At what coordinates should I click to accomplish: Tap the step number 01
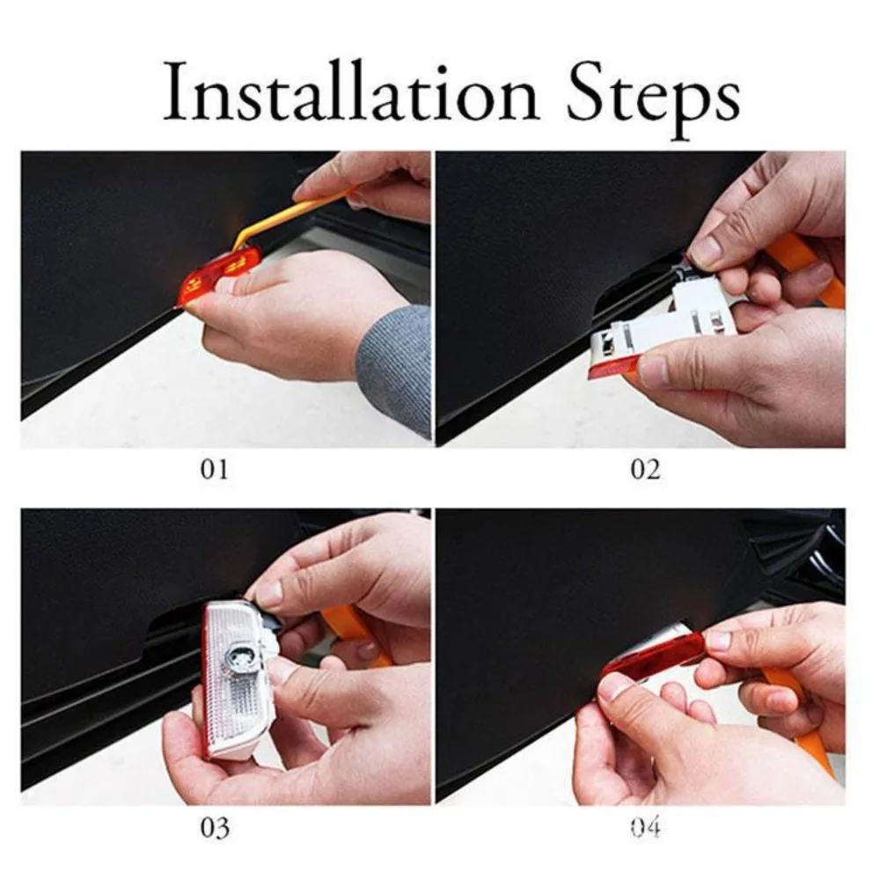214,469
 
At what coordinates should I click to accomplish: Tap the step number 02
644,469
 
